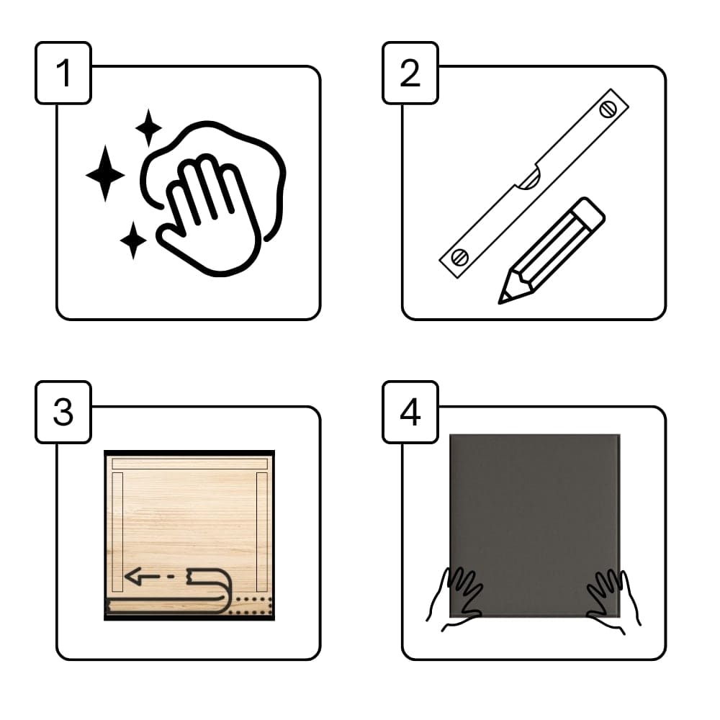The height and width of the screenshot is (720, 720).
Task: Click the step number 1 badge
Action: point(63,73)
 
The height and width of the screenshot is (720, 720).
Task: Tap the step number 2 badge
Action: point(410,73)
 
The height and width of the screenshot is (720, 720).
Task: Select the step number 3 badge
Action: point(63,412)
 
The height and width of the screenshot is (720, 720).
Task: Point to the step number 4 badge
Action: point(410,412)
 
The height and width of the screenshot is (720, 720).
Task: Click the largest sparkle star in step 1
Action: point(105,174)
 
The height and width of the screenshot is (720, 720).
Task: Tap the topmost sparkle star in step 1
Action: point(148,127)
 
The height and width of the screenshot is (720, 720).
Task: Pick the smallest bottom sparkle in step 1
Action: point(133,240)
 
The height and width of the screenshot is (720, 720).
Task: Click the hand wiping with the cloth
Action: point(209,216)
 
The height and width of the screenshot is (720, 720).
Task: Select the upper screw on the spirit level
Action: point(608,109)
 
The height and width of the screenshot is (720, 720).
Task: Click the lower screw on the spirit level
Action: point(459,257)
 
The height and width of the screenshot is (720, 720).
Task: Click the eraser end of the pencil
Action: point(590,212)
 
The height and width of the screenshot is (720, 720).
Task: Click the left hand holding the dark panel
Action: point(454,599)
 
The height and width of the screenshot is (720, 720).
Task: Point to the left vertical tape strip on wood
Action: point(117,532)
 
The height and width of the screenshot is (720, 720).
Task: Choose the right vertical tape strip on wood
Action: point(262,532)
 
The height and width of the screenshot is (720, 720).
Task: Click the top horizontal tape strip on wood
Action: point(189,464)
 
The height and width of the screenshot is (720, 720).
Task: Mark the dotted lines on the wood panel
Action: point(251,606)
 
